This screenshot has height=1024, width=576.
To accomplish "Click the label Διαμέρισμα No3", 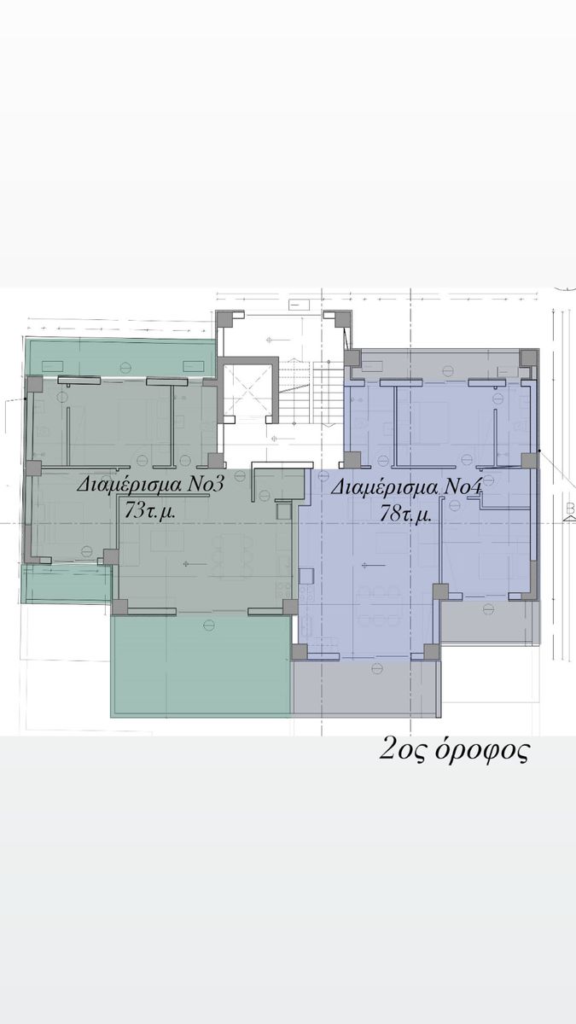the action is click(150, 484).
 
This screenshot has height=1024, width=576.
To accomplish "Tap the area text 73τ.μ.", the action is click(150, 511).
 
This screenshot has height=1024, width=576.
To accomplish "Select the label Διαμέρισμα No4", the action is click(406, 487).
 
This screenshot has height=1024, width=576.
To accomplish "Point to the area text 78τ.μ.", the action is click(406, 515).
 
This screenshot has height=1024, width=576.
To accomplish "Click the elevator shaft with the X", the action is click(247, 391).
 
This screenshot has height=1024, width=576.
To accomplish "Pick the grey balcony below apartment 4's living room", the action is click(366, 688).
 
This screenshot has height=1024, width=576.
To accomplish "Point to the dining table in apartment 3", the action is click(233, 558).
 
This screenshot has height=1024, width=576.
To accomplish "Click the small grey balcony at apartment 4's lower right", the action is click(490, 622).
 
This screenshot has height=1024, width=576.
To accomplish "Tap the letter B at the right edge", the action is click(570, 509).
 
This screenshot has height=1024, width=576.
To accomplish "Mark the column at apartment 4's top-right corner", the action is click(529, 358).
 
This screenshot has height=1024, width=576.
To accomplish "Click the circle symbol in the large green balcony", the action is click(209, 625).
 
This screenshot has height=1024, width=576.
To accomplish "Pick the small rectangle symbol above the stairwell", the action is click(300, 305).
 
